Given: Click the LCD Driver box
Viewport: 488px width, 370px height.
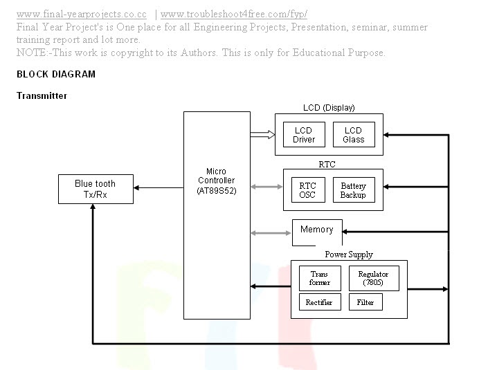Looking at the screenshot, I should [304, 135].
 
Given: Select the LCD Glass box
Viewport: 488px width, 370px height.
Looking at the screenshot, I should [353, 135].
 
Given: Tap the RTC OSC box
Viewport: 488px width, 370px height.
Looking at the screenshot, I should [307, 190].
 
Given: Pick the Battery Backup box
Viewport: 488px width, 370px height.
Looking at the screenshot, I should [353, 190].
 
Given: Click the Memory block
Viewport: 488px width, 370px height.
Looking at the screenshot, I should [316, 230].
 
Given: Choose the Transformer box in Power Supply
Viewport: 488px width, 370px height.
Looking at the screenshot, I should [320, 278].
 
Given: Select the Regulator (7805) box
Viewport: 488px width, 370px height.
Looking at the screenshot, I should [373, 278].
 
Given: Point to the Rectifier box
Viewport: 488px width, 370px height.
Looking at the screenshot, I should [319, 303].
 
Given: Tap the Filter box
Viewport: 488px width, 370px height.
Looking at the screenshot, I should [365, 303].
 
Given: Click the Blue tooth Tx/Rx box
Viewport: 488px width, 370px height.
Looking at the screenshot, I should [96, 189].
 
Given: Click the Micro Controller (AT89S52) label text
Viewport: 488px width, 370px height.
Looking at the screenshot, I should [216, 181].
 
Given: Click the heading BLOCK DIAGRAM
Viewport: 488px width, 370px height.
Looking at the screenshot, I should [56, 75].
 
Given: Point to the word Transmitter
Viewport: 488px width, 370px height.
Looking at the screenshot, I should [42, 96].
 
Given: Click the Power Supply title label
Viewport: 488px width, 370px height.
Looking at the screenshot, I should [349, 255].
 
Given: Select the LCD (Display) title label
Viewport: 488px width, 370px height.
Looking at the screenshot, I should [329, 108].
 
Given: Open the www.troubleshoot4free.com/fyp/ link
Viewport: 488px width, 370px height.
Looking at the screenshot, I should [233, 14].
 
